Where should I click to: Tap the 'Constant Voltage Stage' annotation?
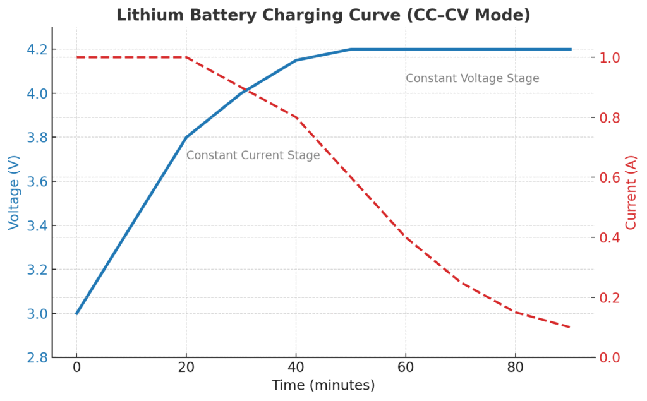tap(472, 78)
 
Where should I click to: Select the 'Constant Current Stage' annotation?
tap(253, 155)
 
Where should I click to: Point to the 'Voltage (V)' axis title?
tap(14, 193)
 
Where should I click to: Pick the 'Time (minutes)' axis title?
tap(323, 385)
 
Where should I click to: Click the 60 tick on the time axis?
tap(406, 368)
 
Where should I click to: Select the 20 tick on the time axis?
tap(186, 368)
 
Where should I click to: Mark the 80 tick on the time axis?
tap(516, 368)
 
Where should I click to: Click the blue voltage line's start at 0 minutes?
tap(76, 314)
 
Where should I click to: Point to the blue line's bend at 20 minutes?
tap(186, 137)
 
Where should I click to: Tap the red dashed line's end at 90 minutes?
tap(570, 327)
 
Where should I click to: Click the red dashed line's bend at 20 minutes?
tap(186, 57)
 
